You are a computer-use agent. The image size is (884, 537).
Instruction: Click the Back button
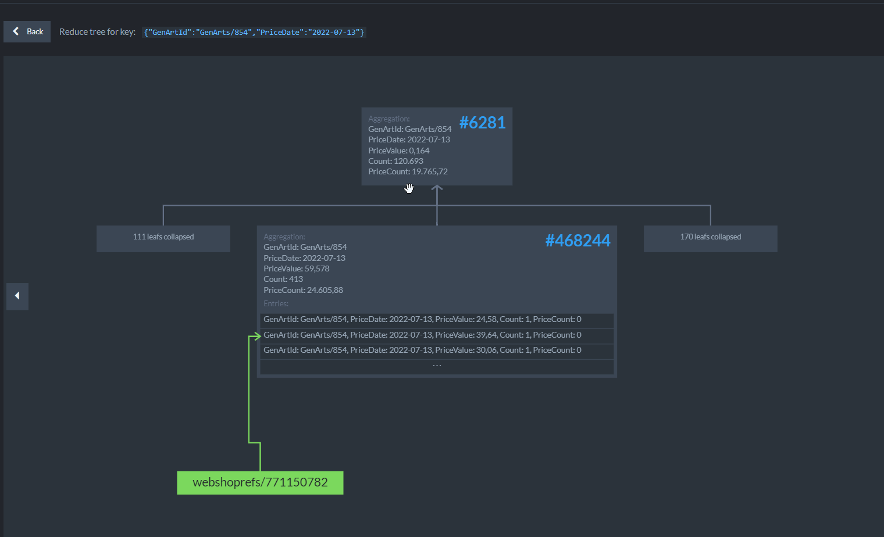coord(27,31)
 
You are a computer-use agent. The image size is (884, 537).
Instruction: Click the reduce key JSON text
coord(254,33)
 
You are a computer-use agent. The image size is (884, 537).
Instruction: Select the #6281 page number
coord(482,123)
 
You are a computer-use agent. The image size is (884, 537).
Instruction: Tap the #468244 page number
coord(578,241)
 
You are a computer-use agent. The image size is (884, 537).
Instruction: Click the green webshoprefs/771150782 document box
coord(260,482)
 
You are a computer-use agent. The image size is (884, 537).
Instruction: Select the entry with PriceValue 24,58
coord(422,320)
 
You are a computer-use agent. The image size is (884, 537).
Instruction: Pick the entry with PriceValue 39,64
coord(422,335)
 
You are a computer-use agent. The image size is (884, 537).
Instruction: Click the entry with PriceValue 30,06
coord(422,350)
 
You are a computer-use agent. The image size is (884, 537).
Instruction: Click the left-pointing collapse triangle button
coord(17,296)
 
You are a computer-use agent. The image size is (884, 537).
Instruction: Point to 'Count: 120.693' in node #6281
coord(395,161)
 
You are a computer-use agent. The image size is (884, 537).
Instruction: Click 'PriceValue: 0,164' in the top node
coord(398,151)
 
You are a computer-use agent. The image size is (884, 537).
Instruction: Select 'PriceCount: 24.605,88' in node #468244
coord(303,290)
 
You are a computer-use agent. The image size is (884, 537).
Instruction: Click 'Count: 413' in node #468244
coord(283,279)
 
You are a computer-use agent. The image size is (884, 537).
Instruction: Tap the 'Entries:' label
coord(276,303)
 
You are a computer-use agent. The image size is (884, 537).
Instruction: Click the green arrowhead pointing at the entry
coord(256,336)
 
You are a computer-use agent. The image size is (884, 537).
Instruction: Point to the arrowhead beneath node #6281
coord(437,188)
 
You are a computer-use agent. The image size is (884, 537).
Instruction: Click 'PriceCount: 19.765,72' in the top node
coord(408,171)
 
